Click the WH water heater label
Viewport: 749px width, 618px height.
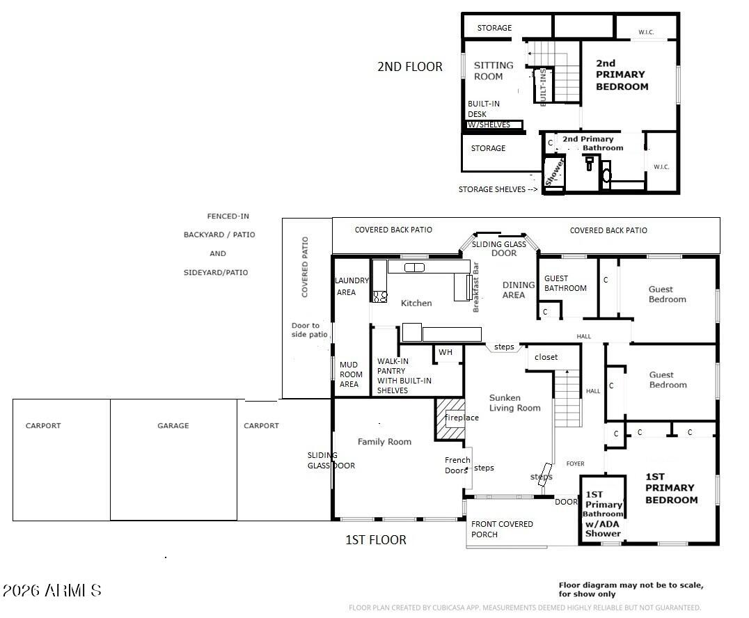[446, 352]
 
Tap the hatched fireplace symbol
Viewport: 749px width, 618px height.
[450, 420]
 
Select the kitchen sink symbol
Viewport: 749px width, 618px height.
[414, 267]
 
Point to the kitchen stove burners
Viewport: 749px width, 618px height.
[380, 296]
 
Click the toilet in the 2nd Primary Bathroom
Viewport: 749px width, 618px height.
[590, 163]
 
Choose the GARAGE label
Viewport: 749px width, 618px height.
[173, 425]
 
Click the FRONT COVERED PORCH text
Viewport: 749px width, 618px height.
[502, 529]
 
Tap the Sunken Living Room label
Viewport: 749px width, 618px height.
[515, 403]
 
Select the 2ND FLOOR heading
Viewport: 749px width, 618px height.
[410, 66]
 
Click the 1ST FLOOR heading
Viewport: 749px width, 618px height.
[375, 539]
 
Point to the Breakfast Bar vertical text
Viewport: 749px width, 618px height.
[475, 287]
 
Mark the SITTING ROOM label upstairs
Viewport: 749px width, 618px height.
[494, 71]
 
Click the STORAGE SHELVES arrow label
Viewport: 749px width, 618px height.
[498, 189]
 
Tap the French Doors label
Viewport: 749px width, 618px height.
[457, 465]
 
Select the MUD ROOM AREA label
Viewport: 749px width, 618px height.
[351, 374]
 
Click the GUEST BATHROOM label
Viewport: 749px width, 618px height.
[565, 283]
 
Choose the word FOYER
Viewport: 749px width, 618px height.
[575, 463]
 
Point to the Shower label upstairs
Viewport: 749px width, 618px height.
[554, 173]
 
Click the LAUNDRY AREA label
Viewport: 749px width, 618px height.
[352, 286]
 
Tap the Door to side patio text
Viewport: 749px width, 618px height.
[310, 330]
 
